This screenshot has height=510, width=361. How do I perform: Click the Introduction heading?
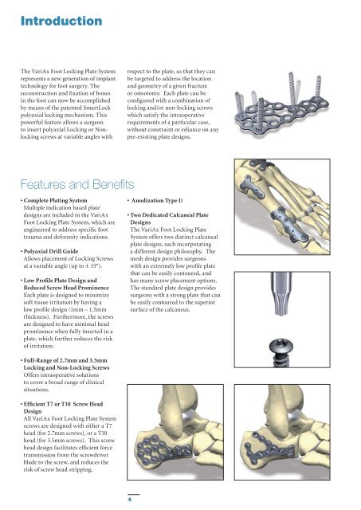point(61,22)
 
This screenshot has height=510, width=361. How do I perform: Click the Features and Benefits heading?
point(77,184)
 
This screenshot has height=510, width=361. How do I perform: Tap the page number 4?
point(129,500)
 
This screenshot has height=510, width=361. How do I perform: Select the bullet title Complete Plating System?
point(55,200)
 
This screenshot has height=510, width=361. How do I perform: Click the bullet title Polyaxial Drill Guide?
point(51,251)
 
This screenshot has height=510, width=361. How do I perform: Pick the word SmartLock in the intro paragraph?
point(97,108)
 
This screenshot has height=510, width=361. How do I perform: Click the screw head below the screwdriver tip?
point(281,345)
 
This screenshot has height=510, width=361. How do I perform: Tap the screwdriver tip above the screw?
point(281,294)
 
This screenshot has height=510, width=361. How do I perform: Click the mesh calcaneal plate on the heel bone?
point(163,449)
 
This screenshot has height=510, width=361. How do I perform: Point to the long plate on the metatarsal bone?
point(288,225)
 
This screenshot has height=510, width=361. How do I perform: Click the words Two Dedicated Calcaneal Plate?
point(169,215)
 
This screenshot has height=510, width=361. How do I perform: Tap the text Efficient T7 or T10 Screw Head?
point(63,404)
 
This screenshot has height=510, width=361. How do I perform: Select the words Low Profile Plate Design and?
point(61,280)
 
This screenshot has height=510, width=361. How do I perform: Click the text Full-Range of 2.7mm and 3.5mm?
point(65,360)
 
